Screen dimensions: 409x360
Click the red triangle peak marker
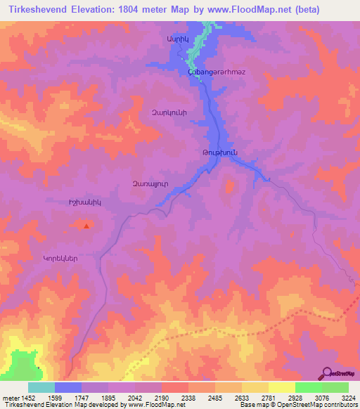(x=86, y=226)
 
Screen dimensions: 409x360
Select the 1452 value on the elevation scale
(x=27, y=398)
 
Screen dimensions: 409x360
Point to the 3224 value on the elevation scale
(x=348, y=398)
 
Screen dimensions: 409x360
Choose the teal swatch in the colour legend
(x=41, y=387)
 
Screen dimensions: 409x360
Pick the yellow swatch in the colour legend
(x=281, y=387)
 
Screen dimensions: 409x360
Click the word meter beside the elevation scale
(x=9, y=398)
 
